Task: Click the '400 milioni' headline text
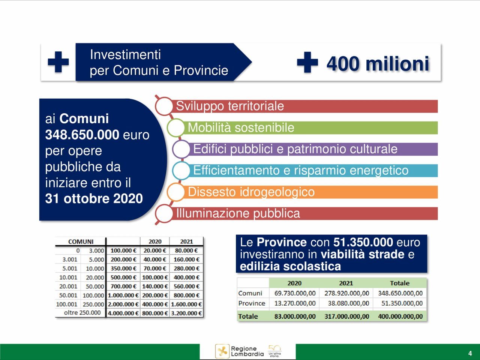(378, 63)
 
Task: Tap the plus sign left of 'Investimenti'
(58, 62)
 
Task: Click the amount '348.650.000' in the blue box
(82, 135)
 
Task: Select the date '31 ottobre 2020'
(94, 198)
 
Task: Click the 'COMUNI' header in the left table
(81, 241)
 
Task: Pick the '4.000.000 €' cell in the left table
(123, 313)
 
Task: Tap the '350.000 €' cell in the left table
(123, 268)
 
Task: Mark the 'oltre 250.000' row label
(82, 313)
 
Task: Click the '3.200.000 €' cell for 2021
(186, 313)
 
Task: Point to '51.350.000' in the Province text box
(363, 242)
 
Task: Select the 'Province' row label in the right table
(252, 303)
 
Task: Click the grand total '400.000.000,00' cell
(400, 316)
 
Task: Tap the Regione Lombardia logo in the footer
(240, 351)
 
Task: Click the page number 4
(470, 353)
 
